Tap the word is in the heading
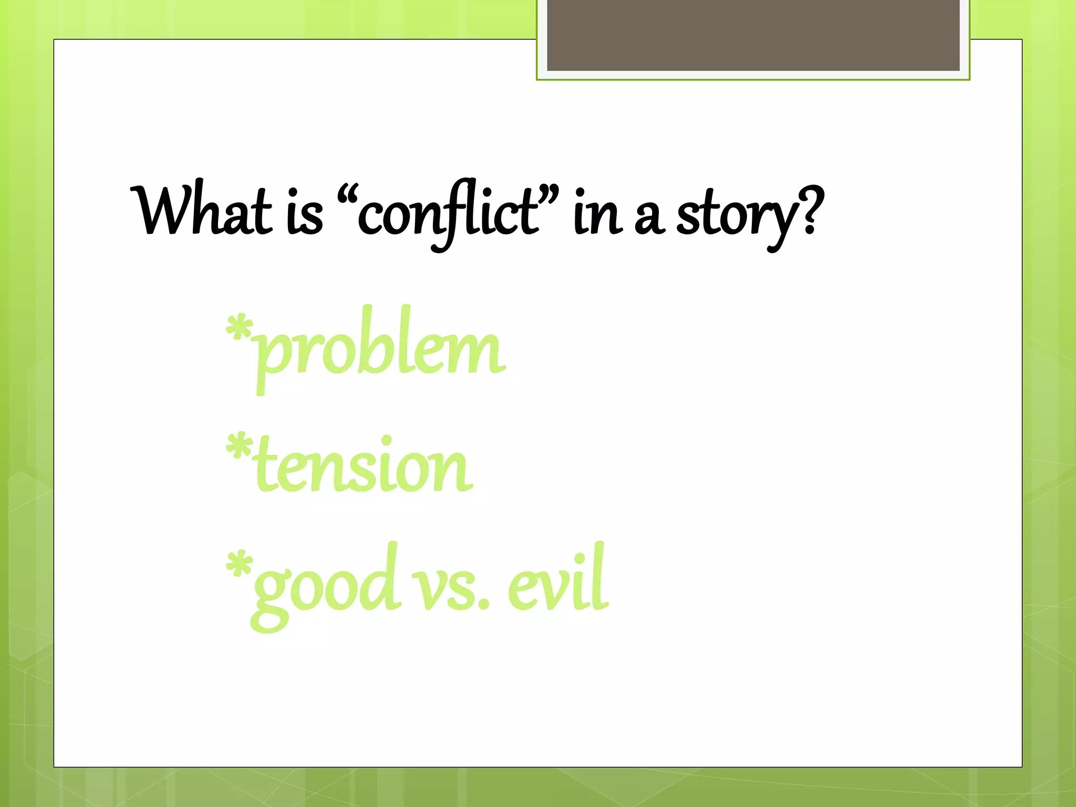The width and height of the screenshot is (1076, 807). pos(305,213)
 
